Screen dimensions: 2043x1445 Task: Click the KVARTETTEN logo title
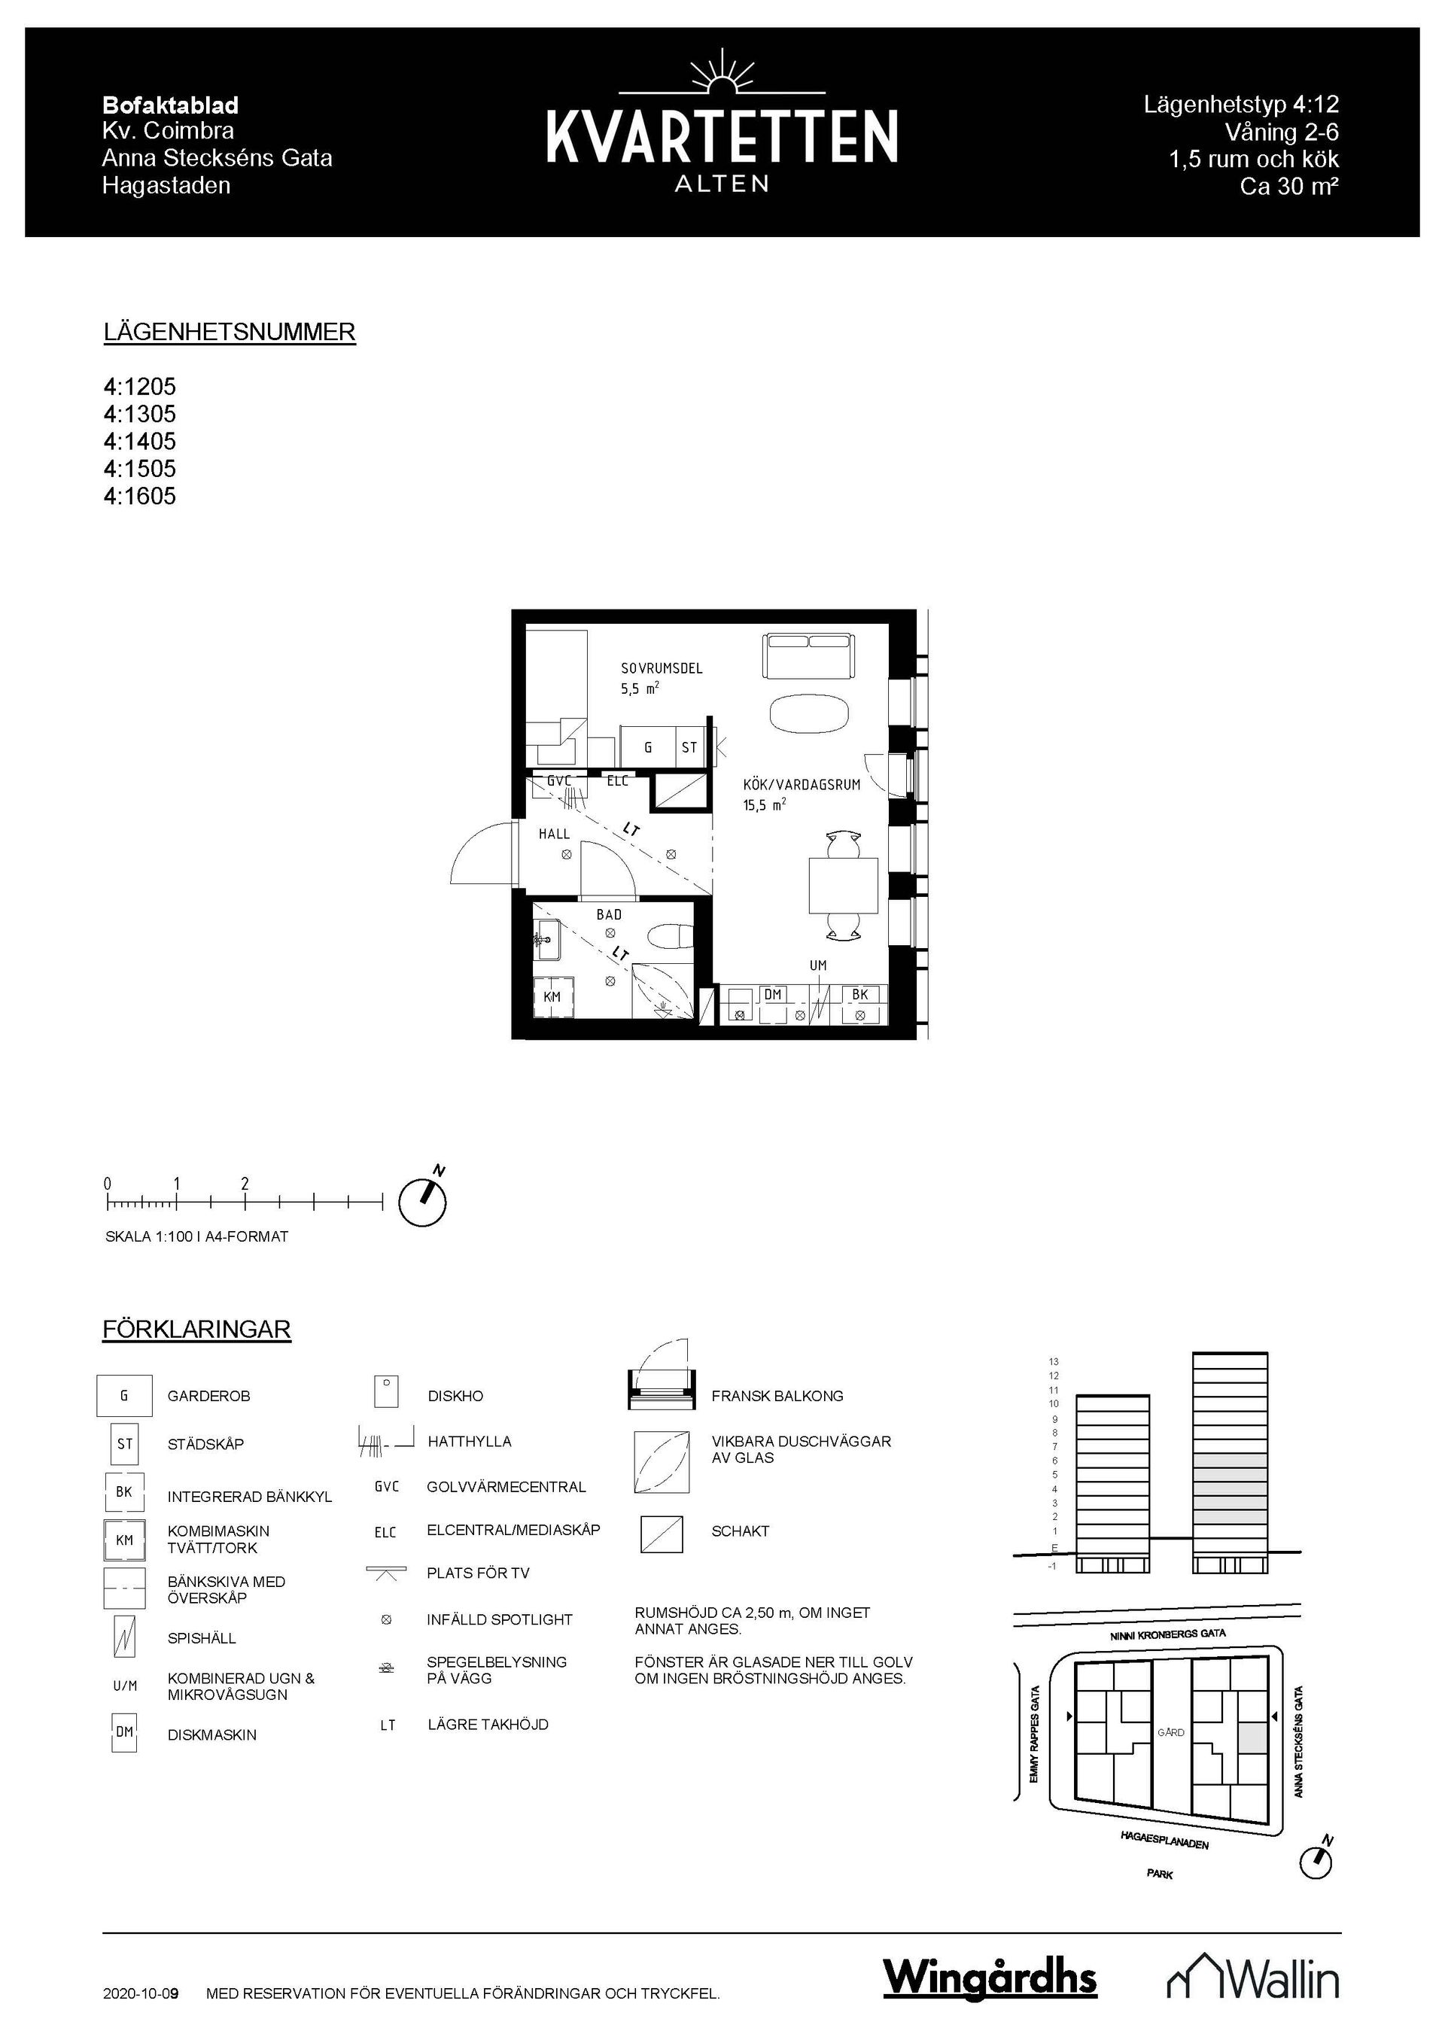coord(722,137)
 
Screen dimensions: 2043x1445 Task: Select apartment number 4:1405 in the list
coord(140,442)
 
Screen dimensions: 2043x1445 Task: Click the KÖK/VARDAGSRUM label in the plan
coord(802,785)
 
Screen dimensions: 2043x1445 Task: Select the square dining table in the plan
coord(843,886)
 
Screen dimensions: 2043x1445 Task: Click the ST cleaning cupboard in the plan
coord(689,747)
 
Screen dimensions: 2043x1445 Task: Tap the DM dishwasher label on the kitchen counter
coord(772,995)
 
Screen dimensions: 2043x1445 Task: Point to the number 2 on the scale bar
coord(245,1184)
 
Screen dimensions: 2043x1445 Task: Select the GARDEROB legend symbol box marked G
coord(123,1396)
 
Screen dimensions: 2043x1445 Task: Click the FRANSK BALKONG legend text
coord(777,1396)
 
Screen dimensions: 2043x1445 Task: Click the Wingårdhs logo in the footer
coord(990,1977)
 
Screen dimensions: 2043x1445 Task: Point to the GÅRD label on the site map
coord(1170,1732)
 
